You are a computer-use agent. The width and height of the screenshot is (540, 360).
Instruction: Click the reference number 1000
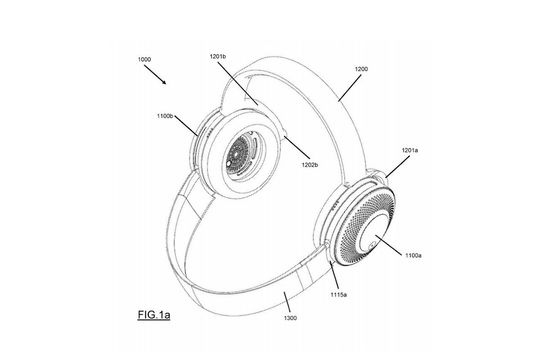[144, 59]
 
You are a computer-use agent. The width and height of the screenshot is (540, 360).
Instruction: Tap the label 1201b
[218, 56]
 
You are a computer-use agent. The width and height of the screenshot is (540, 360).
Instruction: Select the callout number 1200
[361, 69]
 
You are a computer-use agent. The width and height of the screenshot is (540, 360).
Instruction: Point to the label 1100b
[165, 116]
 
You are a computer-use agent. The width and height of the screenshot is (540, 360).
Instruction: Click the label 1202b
[310, 165]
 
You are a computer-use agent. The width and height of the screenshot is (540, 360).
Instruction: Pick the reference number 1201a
[410, 150]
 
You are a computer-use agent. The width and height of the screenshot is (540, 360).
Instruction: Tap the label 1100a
[413, 255]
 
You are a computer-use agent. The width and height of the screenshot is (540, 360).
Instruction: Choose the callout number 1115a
[339, 295]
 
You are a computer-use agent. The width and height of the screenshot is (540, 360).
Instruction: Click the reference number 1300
[290, 318]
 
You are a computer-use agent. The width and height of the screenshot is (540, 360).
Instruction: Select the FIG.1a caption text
[154, 315]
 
